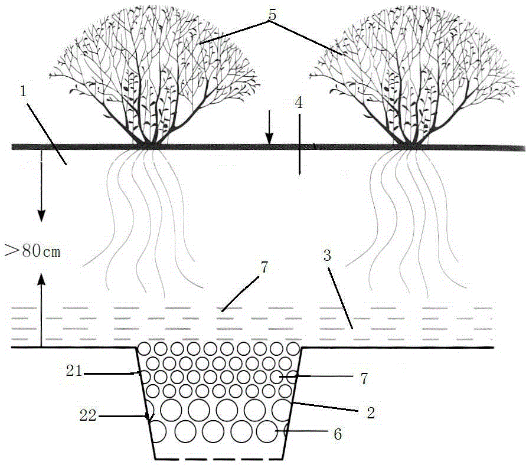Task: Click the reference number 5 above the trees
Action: point(272,14)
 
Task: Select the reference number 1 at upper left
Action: point(23,91)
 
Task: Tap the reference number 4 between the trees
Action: point(299,103)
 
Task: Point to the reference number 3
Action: point(327,256)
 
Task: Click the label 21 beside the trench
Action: point(74,371)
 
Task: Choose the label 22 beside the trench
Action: point(88,415)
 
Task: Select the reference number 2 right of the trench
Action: point(371,413)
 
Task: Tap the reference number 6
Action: point(338,434)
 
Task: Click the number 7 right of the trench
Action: point(364,379)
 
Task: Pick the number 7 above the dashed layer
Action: point(264,267)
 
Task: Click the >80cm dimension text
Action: point(32,251)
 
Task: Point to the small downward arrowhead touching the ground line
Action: point(269,139)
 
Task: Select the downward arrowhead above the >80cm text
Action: point(41,215)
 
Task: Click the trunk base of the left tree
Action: point(148,145)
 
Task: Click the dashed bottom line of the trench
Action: point(219,459)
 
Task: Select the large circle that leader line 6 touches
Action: point(267,431)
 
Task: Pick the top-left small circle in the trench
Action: point(145,349)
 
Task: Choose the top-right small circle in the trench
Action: point(293,349)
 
